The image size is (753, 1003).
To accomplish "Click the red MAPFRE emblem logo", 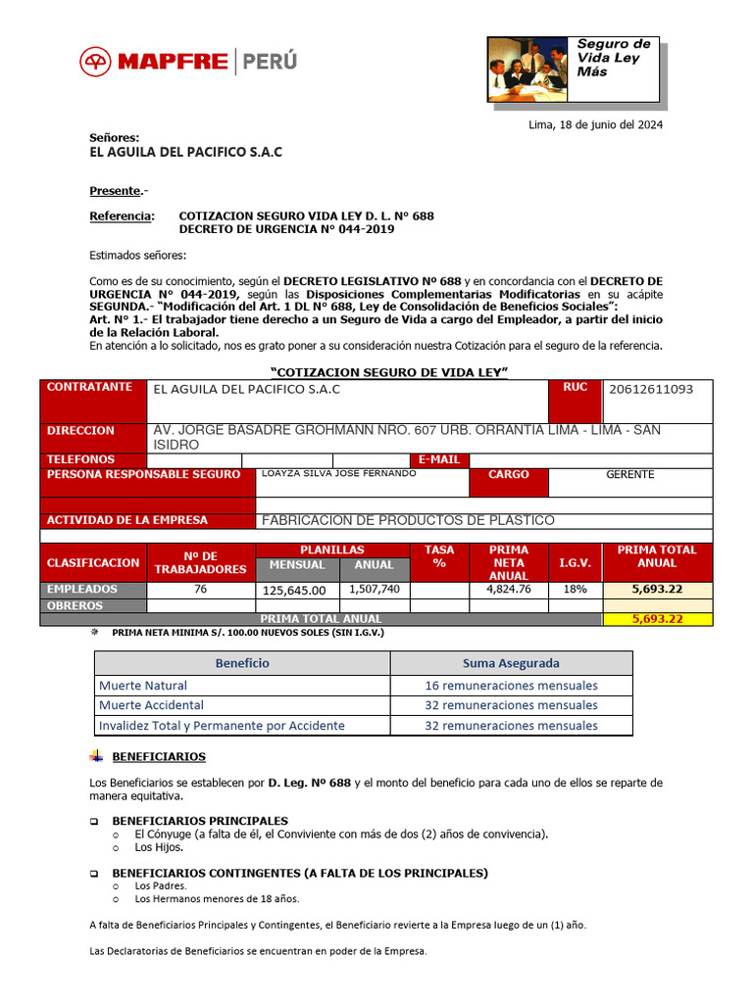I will point(96,62).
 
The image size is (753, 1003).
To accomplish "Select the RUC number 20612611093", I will point(651,389).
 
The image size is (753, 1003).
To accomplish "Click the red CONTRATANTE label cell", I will point(90,388).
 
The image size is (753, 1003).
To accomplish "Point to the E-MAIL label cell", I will point(439,459).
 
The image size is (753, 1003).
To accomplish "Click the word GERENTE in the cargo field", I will point(630,474).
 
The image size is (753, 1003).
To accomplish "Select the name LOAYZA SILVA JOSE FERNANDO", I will point(338,473).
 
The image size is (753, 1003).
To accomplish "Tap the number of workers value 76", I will point(201,589).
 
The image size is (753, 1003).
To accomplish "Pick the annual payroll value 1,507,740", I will point(375,589).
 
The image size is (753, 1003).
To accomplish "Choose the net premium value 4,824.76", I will point(508,590).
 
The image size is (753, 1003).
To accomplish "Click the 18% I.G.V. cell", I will point(575,590).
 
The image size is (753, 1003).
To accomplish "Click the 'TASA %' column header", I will point(439,556).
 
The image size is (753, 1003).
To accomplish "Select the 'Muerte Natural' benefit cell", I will point(143,686).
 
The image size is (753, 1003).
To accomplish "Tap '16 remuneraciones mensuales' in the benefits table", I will point(511,686).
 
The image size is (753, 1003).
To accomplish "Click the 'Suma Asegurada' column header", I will point(511,663).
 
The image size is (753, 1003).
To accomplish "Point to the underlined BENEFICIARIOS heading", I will point(159,757).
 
